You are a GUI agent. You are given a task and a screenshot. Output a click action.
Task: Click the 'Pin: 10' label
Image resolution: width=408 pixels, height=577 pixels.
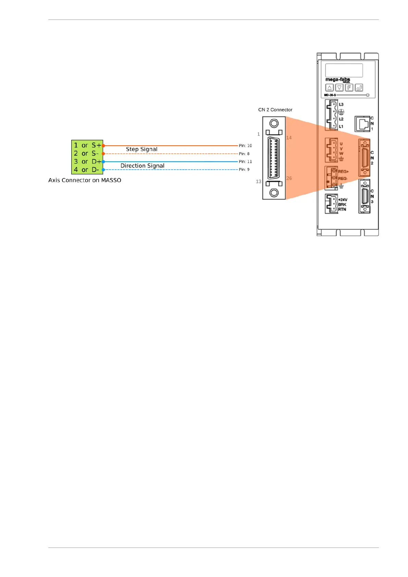(245, 146)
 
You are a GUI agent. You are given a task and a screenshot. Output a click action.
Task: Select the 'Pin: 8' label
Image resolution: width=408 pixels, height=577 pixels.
(244, 154)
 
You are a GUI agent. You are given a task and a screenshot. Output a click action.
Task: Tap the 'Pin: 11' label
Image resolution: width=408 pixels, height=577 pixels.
(245, 162)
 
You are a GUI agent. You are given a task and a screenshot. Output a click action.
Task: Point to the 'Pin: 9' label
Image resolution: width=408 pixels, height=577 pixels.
(244, 170)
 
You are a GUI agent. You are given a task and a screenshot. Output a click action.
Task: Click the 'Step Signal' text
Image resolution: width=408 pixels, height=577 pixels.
(141, 149)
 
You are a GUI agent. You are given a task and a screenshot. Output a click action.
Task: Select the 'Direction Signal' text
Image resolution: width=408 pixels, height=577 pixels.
(142, 166)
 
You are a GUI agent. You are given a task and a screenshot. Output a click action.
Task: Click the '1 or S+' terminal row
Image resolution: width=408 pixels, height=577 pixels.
(87, 145)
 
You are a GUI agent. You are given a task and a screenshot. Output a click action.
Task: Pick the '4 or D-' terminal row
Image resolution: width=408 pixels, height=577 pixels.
(87, 170)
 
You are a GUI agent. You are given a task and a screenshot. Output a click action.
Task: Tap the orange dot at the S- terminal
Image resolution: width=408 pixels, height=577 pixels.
(103, 154)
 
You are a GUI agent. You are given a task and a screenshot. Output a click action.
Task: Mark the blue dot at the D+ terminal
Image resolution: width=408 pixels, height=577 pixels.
(103, 162)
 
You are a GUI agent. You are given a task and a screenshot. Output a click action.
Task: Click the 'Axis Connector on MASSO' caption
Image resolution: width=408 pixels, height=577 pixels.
(85, 180)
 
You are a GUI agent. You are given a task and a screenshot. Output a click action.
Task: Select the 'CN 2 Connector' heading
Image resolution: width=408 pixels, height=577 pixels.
(275, 110)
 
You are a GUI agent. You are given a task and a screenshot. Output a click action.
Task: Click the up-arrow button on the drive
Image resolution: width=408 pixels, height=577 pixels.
(329, 88)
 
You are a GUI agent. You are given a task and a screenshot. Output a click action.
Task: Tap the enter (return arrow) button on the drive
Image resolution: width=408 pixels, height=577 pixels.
(359, 88)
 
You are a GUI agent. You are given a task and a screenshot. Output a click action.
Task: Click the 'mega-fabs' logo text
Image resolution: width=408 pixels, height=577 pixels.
(337, 79)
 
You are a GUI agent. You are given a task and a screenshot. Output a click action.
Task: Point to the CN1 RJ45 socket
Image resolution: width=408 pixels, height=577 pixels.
(362, 124)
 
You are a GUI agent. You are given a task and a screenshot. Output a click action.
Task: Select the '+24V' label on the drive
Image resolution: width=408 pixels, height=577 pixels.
(343, 200)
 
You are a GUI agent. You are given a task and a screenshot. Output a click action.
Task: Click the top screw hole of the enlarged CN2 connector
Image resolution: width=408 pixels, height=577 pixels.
(274, 124)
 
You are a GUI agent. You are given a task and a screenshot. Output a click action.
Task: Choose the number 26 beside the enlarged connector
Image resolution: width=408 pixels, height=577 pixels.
(289, 178)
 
